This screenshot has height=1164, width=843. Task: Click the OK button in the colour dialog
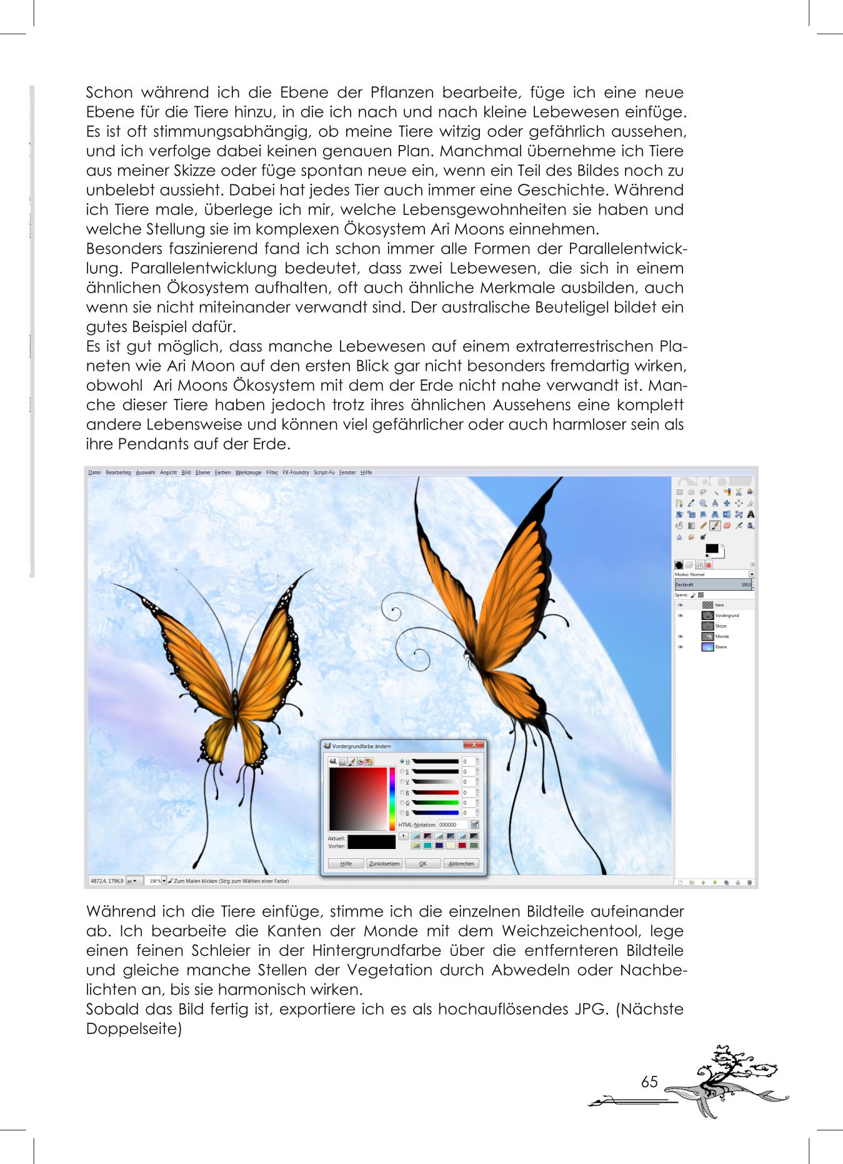click(x=422, y=863)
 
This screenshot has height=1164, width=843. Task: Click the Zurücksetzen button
click(x=384, y=863)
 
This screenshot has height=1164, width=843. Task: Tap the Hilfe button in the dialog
click(x=346, y=863)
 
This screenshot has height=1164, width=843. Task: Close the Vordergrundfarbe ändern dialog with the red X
click(x=474, y=745)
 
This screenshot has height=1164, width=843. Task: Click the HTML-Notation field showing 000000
click(x=452, y=825)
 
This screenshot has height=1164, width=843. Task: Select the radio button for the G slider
click(x=402, y=803)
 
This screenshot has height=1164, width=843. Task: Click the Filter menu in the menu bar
click(x=272, y=473)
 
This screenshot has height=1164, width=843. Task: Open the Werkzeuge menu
click(x=248, y=473)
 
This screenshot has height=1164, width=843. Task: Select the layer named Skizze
click(x=721, y=626)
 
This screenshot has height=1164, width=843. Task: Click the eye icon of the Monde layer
click(x=681, y=636)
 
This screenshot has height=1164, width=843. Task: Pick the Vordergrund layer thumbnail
click(x=707, y=616)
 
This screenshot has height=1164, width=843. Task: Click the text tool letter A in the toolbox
click(x=751, y=514)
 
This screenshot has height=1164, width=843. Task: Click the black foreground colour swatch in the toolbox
click(x=711, y=549)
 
